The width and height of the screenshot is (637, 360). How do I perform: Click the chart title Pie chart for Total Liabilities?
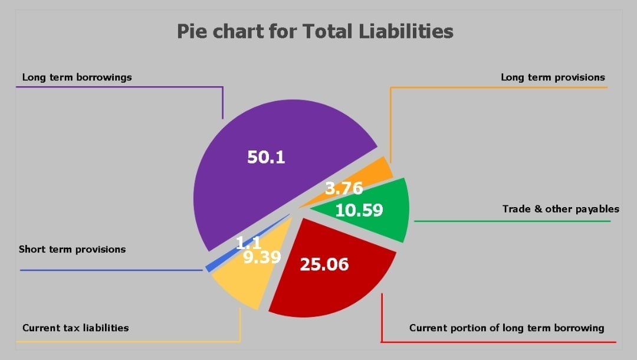pyautogui.click(x=315, y=31)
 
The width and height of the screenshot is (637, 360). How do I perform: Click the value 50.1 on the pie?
pyautogui.click(x=266, y=157)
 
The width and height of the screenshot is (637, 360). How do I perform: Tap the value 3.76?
pyautogui.click(x=344, y=189)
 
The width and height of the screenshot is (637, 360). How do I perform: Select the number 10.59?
pyautogui.click(x=359, y=210)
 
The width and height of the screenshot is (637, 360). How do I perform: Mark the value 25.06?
pyautogui.click(x=324, y=264)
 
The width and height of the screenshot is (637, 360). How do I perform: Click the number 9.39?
pyautogui.click(x=262, y=257)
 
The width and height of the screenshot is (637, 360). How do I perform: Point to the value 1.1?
pyautogui.click(x=249, y=243)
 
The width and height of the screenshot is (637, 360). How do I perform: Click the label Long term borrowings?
pyautogui.click(x=77, y=77)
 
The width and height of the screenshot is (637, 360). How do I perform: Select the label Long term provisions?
pyautogui.click(x=553, y=77)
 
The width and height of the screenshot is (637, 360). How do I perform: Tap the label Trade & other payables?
pyautogui.click(x=561, y=209)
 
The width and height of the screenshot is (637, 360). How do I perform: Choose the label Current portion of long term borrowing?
pyautogui.click(x=507, y=328)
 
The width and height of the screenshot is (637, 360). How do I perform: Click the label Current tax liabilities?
pyautogui.click(x=75, y=328)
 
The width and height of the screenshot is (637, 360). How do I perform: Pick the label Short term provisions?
pyautogui.click(x=72, y=250)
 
